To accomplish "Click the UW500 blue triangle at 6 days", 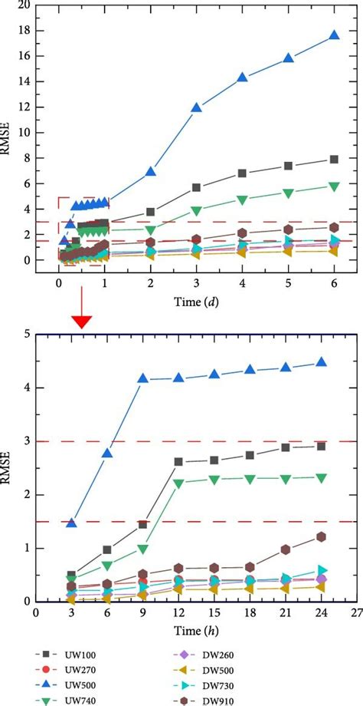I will tap(334, 35).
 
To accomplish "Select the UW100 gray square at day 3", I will tap(197, 187).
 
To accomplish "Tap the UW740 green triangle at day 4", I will tap(243, 200).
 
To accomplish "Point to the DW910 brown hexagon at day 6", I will tap(334, 227).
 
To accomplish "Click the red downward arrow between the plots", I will tap(81, 321).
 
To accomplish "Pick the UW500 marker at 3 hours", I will tap(71, 523).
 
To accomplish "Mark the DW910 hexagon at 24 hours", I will tap(321, 537).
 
